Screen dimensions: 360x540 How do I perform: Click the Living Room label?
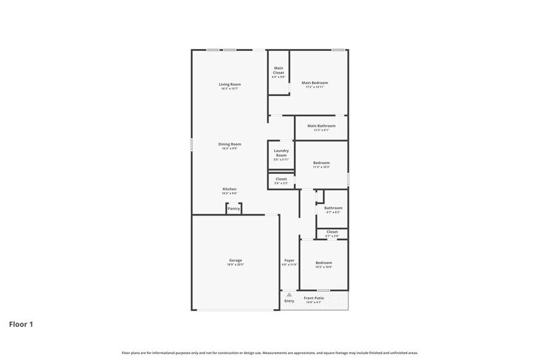(230, 84)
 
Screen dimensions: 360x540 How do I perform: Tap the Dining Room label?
(230, 144)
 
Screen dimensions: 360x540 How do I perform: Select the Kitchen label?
(230, 189)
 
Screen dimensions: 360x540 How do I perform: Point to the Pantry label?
(234, 209)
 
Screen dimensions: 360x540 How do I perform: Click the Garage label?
(236, 260)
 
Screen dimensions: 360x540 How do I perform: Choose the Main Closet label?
(279, 70)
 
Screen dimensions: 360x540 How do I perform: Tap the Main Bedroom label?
(315, 83)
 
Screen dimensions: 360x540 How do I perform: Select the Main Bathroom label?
(321, 126)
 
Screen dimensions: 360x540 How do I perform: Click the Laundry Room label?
(281, 152)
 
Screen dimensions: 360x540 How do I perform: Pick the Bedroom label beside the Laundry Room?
(321, 162)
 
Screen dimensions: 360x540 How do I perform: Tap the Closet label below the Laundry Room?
(281, 179)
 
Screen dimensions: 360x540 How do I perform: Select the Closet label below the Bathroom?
(332, 231)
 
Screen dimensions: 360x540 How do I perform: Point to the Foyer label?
(290, 260)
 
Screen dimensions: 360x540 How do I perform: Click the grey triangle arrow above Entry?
(290, 294)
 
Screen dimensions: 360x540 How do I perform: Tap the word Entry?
(290, 301)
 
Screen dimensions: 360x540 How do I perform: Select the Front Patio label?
(314, 298)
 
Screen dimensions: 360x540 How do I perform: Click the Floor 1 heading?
(21, 324)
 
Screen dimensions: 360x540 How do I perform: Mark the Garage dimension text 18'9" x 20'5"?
(236, 264)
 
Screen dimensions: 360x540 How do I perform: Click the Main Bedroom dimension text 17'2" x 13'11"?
(315, 87)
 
